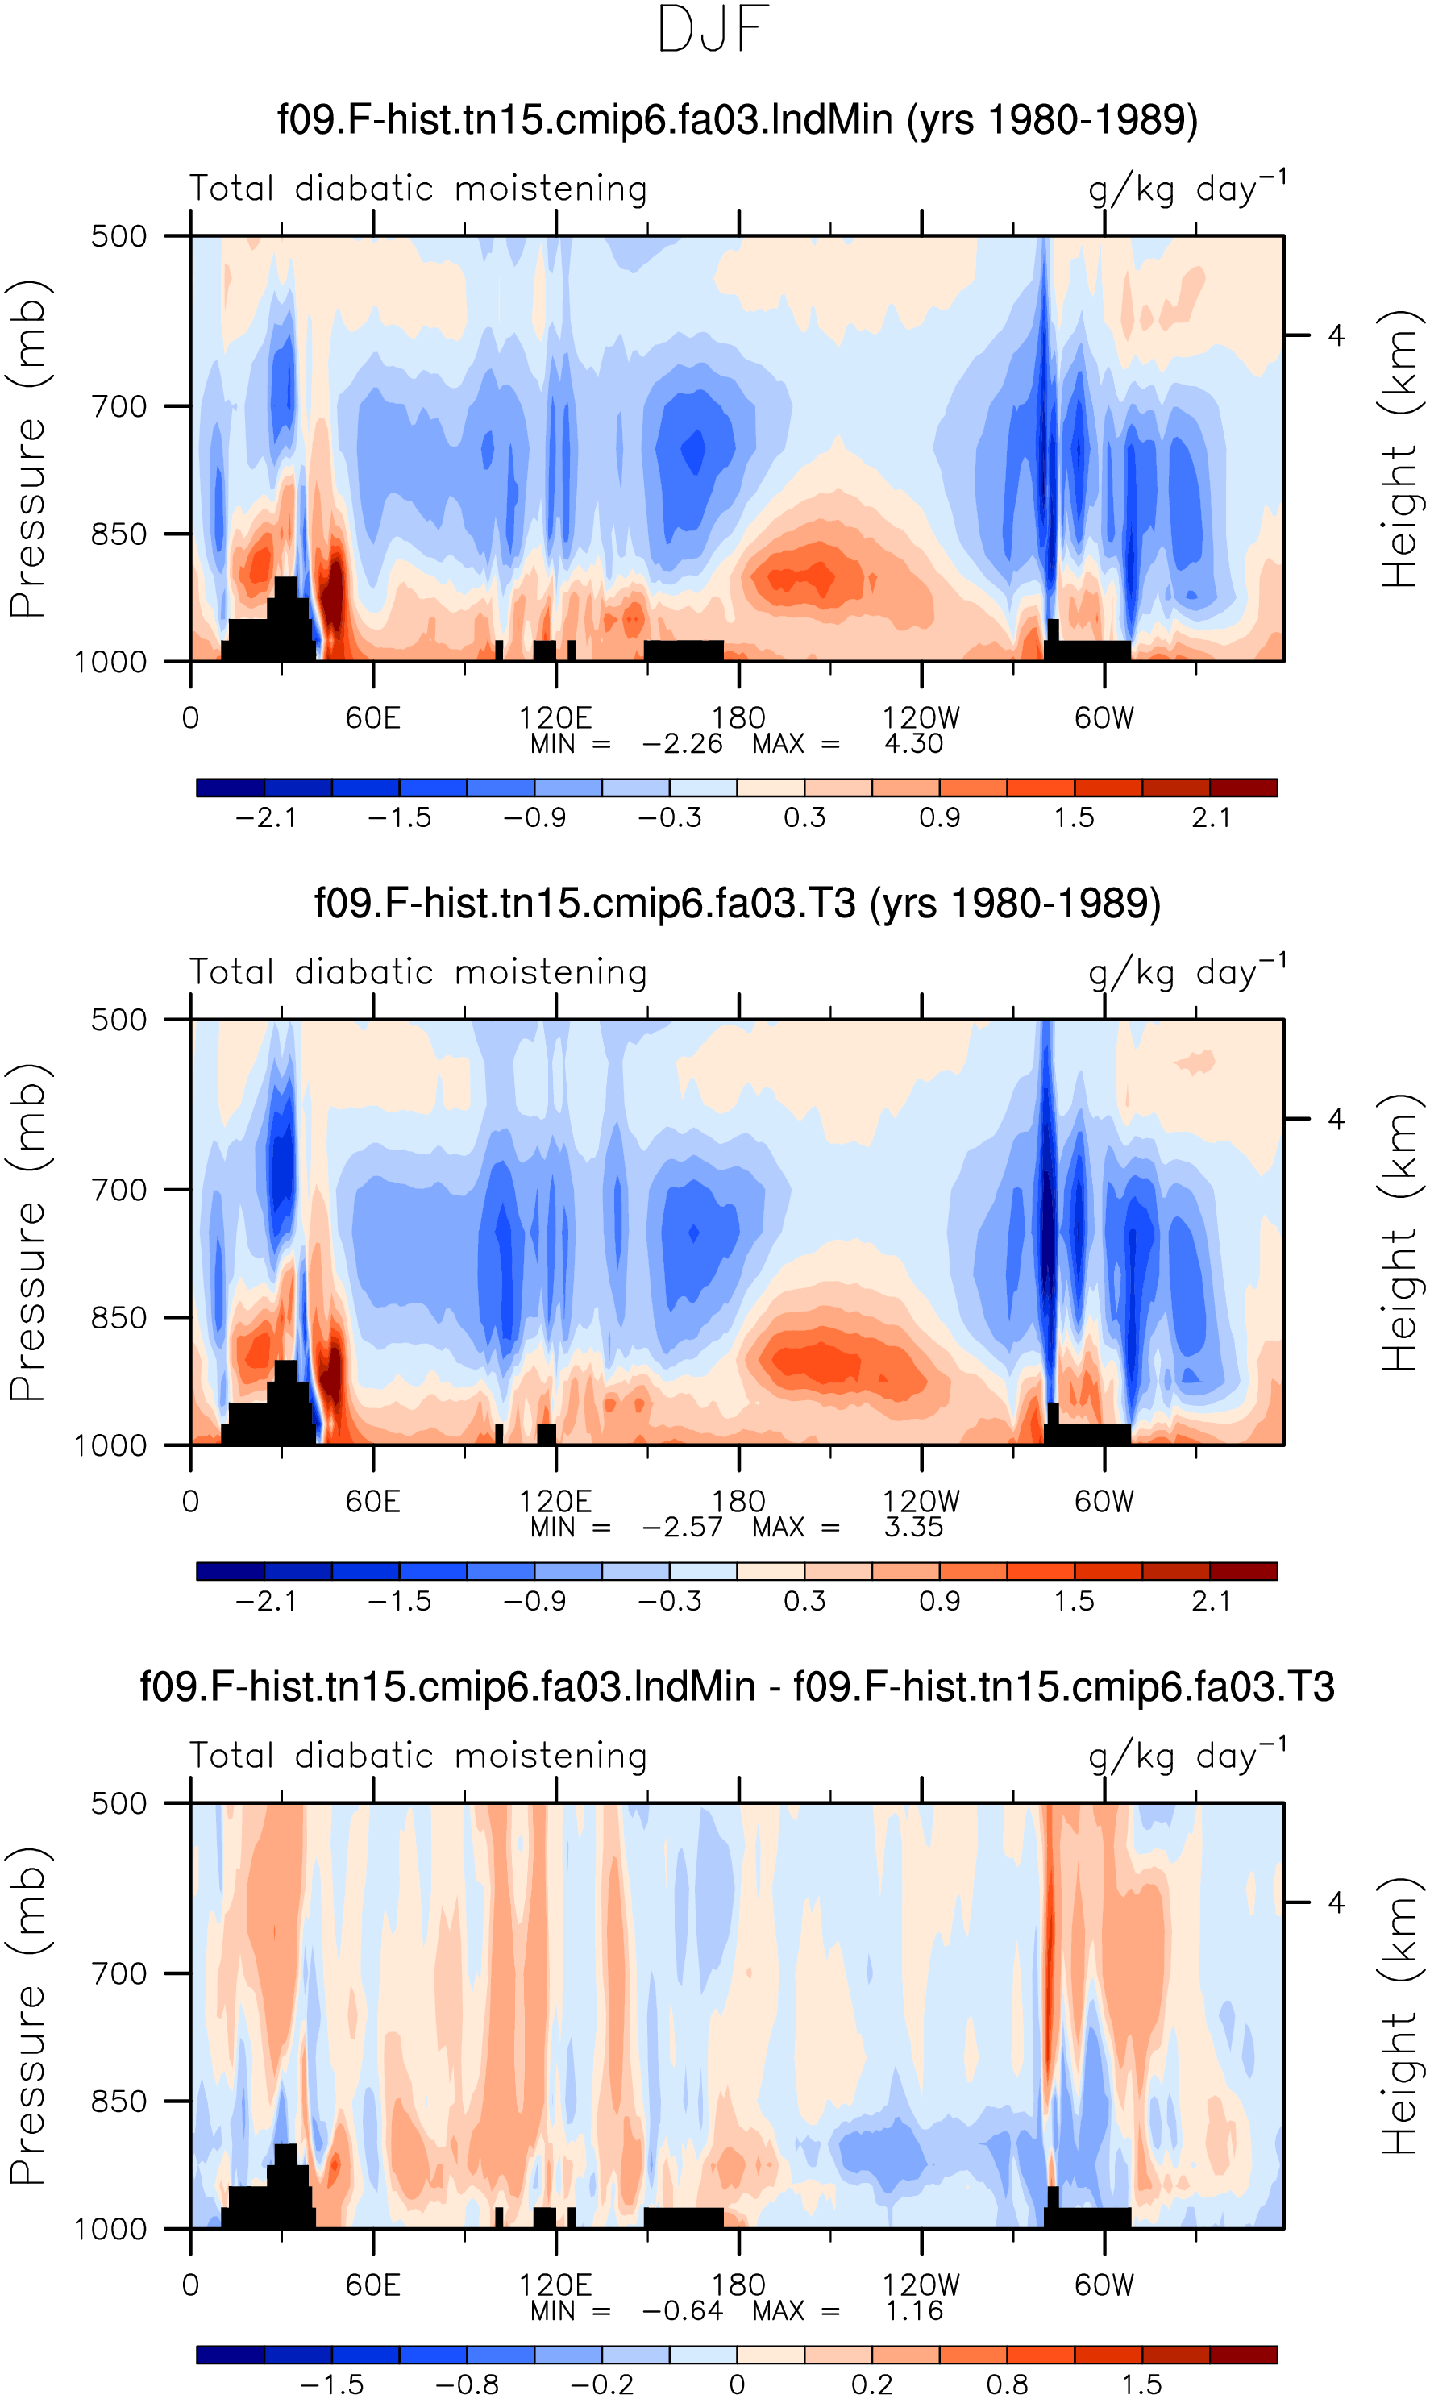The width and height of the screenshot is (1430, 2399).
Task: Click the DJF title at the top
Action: point(713,30)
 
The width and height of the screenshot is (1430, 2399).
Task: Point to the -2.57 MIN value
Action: point(682,1527)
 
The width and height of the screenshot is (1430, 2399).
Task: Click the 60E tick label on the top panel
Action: point(373,717)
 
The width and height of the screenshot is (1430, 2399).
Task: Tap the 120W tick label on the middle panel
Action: point(921,1502)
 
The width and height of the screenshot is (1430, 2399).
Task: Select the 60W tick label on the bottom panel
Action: point(1104,2285)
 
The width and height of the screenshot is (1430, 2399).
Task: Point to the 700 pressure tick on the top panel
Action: point(120,406)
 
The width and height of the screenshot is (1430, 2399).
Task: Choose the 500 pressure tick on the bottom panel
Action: point(120,1803)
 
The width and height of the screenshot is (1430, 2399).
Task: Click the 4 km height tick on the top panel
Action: point(1336,335)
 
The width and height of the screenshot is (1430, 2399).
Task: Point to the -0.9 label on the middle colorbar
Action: point(534,1601)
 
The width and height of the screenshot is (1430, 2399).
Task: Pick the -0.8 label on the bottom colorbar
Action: point(468,2385)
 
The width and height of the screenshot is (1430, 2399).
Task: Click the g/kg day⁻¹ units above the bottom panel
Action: point(1187,1756)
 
